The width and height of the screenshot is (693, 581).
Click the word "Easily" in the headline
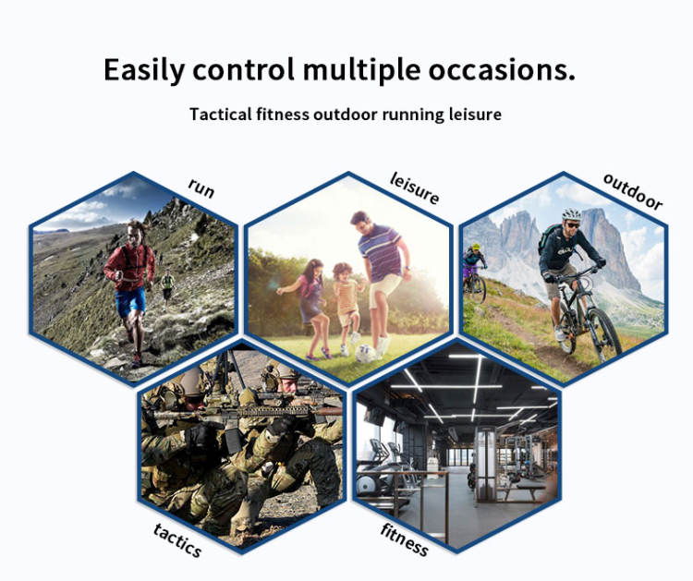click(x=143, y=71)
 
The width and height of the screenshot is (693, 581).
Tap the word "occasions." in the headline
click(x=502, y=70)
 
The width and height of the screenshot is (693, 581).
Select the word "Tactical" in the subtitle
click(x=221, y=114)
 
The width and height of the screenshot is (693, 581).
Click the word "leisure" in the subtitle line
click(x=475, y=114)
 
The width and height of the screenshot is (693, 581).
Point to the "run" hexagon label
click(x=201, y=188)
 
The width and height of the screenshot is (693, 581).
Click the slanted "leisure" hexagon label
click(x=415, y=188)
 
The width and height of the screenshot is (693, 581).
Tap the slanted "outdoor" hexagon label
click(x=633, y=192)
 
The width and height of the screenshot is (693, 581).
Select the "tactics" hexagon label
click(x=177, y=540)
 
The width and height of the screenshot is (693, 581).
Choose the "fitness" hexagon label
click(x=404, y=539)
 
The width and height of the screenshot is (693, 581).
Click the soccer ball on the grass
click(x=365, y=354)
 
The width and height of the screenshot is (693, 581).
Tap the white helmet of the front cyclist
click(x=571, y=214)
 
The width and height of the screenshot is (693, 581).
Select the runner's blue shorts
click(x=130, y=301)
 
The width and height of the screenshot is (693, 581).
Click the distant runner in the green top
click(x=167, y=285)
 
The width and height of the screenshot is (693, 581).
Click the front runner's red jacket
click(x=130, y=266)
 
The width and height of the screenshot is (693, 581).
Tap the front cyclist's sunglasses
click(x=573, y=225)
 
